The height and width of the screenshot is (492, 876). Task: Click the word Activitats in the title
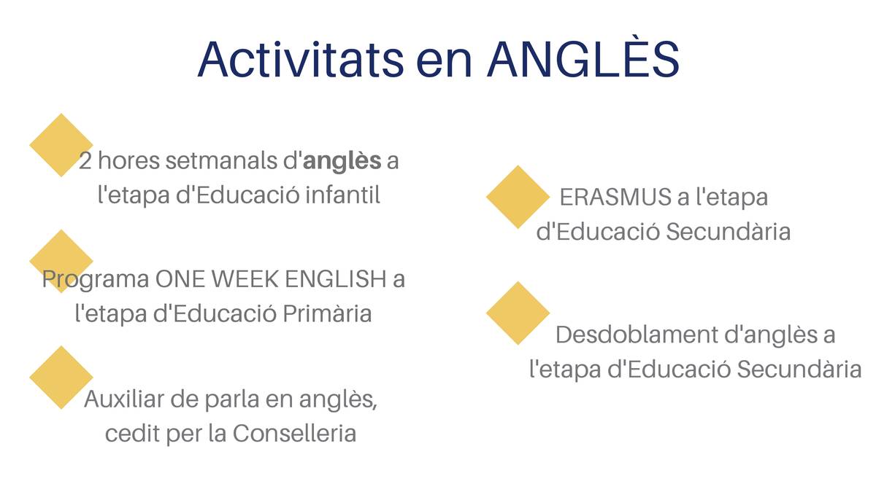pyautogui.click(x=301, y=59)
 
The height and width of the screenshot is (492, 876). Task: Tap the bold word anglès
pyautogui.click(x=342, y=161)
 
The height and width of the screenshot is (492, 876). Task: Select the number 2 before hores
pyautogui.click(x=85, y=160)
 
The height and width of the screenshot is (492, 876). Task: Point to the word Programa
pyautogui.click(x=96, y=281)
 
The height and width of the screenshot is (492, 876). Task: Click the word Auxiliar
pyautogui.click(x=124, y=399)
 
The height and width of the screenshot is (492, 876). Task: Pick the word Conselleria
pyautogui.click(x=294, y=433)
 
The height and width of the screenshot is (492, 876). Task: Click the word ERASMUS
pyautogui.click(x=615, y=197)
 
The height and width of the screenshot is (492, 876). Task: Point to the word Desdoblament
pyautogui.click(x=637, y=335)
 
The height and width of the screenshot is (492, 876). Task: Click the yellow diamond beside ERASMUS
pyautogui.click(x=518, y=197)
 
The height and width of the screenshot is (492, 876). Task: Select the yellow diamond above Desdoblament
pyautogui.click(x=518, y=313)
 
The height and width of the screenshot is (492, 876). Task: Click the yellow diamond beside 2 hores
pyautogui.click(x=61, y=145)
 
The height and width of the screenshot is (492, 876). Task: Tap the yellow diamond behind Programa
pyautogui.click(x=61, y=261)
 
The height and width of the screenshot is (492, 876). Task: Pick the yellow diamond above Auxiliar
pyautogui.click(x=61, y=378)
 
